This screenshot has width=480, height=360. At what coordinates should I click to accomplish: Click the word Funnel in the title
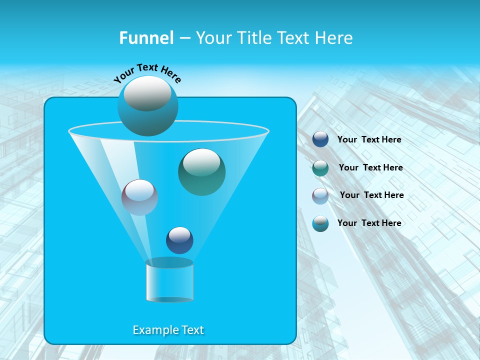coord(146,38)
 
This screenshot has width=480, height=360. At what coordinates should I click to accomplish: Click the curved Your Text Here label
coord(147,72)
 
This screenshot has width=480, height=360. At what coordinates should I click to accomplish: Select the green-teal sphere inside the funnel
coord(201,172)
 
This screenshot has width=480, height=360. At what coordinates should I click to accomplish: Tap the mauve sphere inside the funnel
coord(139,197)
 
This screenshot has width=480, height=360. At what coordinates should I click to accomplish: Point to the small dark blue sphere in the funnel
coord(179,240)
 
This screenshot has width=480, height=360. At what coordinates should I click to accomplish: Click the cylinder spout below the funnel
coord(169,283)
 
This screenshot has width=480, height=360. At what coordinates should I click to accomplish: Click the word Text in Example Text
coord(192,330)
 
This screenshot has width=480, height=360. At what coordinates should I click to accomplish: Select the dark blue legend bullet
coord(320,139)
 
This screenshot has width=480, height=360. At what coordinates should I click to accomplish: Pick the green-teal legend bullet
coord(320,168)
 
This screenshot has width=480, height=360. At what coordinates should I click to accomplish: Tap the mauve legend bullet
coord(320,196)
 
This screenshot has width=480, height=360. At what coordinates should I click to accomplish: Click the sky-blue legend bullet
coord(320,223)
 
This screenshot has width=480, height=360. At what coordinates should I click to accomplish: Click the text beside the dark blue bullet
coord(369,140)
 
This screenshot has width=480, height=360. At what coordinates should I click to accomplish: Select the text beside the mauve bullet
coord(371,195)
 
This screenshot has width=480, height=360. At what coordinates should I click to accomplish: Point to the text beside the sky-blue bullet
coord(369,223)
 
